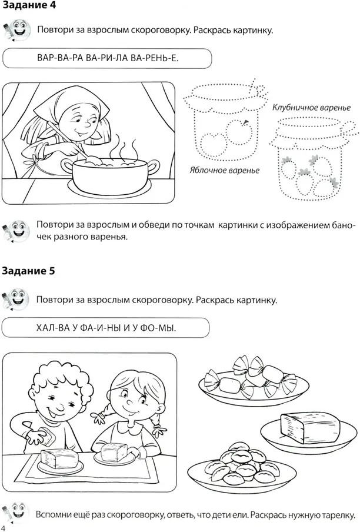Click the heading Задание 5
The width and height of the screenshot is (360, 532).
pyautogui.click(x=28, y=271)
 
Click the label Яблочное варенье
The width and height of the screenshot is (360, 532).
pyautogui.click(x=224, y=170)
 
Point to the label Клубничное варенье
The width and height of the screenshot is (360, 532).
pyautogui.click(x=312, y=108)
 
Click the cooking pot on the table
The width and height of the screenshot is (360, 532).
pyautogui.click(x=110, y=176)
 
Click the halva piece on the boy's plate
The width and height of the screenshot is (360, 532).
pyautogui.click(x=59, y=458)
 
